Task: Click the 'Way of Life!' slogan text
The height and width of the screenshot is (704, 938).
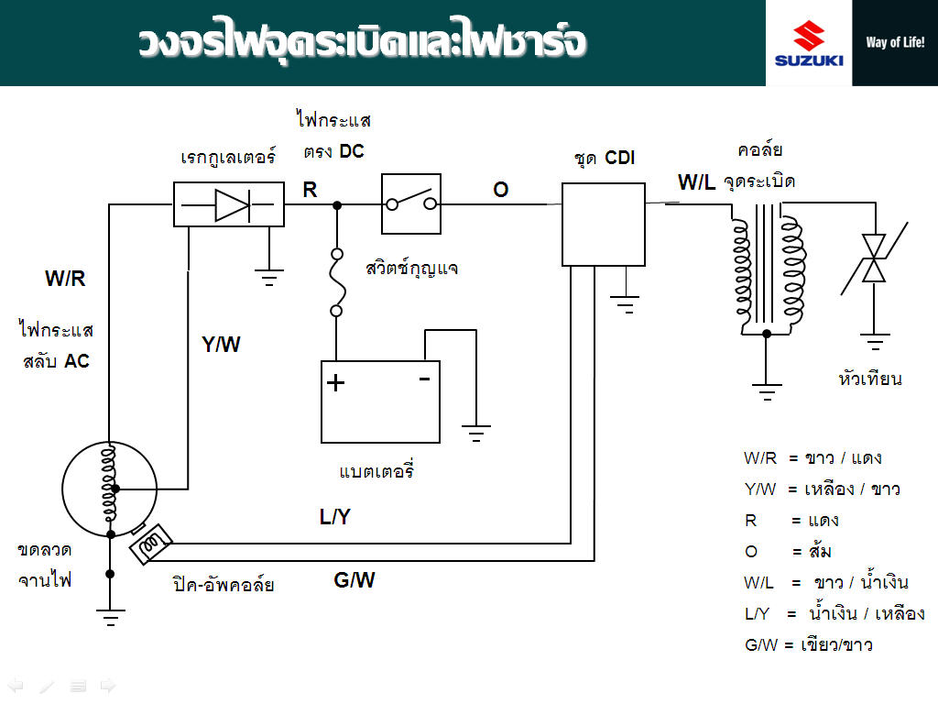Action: tap(894, 42)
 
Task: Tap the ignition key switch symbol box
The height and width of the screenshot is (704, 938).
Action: tap(410, 204)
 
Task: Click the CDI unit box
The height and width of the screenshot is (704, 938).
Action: tap(604, 224)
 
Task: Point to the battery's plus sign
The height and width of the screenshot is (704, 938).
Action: tap(336, 383)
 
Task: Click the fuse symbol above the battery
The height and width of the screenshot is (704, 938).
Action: tap(337, 282)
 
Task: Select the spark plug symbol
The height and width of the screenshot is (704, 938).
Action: tap(876, 259)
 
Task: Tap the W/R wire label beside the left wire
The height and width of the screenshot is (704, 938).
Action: tap(65, 280)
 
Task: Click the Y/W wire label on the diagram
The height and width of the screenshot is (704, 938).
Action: tap(221, 345)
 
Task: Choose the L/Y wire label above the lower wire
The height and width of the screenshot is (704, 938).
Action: tap(334, 517)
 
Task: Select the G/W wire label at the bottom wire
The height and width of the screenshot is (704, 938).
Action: tap(354, 580)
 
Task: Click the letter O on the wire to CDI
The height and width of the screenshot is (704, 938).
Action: tap(500, 190)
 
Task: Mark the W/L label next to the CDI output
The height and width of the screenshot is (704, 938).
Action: tap(696, 182)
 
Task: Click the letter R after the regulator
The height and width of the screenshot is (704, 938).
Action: tap(310, 190)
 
